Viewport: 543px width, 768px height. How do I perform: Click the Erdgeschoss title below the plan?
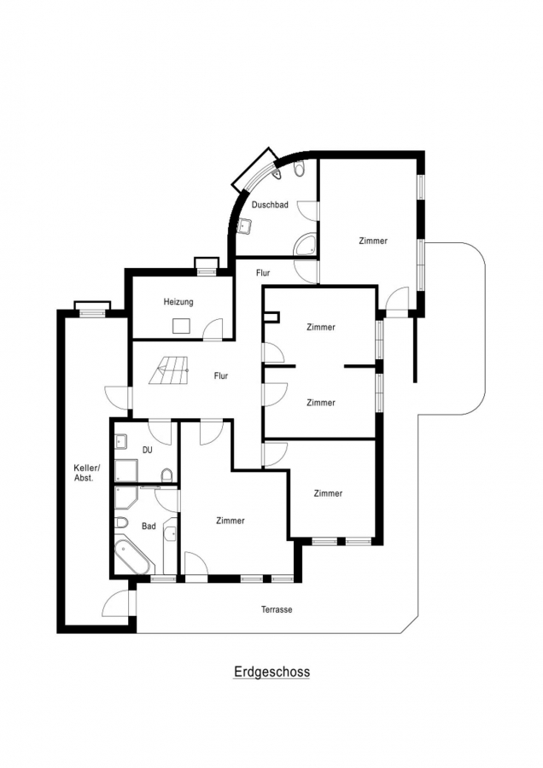(x=271, y=672)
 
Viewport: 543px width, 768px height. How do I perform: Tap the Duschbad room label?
(x=270, y=205)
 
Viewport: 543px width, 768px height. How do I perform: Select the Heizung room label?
(x=178, y=302)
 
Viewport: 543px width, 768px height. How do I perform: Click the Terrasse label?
(x=277, y=610)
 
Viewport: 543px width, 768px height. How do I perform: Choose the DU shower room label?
(x=147, y=450)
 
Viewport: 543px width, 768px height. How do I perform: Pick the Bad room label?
(x=149, y=526)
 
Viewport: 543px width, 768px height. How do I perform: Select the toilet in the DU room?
(x=166, y=474)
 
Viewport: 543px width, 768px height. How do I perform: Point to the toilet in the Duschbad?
(x=299, y=169)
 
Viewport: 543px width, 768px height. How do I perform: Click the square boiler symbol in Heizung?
(x=181, y=326)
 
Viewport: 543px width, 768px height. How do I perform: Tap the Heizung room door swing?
(x=213, y=329)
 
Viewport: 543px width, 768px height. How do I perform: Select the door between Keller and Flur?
(x=118, y=397)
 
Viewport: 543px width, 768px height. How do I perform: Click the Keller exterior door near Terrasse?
(x=117, y=604)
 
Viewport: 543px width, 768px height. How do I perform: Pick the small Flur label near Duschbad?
(x=263, y=273)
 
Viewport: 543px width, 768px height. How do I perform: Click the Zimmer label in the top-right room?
(x=373, y=241)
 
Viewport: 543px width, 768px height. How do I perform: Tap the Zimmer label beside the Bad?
(x=231, y=521)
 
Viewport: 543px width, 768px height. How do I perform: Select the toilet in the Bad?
(x=121, y=523)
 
